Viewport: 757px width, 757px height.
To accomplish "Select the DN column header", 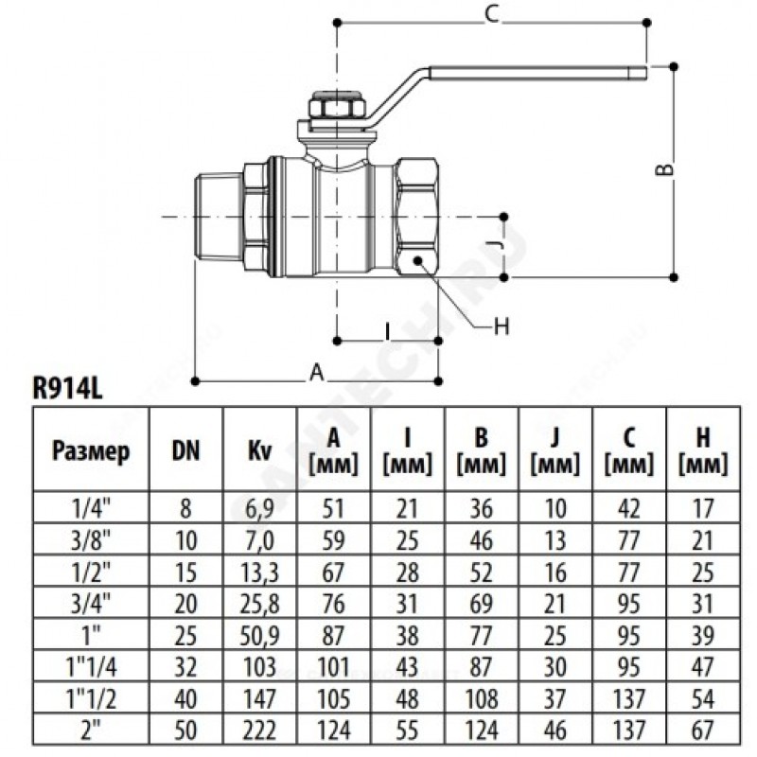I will [185, 450].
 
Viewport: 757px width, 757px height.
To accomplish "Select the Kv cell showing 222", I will [259, 729].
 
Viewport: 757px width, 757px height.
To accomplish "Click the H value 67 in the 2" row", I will [703, 729].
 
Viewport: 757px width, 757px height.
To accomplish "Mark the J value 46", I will [555, 729].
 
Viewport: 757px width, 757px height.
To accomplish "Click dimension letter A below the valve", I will [318, 374].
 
